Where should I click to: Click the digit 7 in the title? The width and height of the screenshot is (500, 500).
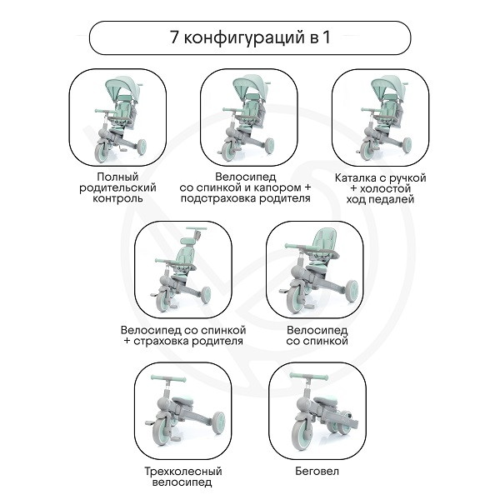[x=174, y=37]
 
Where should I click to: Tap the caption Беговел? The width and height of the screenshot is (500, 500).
[x=317, y=471]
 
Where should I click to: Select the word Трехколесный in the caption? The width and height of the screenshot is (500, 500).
[x=183, y=472]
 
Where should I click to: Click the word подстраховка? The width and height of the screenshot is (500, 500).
[x=218, y=198]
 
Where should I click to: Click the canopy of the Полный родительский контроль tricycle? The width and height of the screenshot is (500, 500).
[x=122, y=87]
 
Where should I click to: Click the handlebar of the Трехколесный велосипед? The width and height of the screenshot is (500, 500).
[x=168, y=378]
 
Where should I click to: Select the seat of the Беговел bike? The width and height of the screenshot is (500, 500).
[x=326, y=401]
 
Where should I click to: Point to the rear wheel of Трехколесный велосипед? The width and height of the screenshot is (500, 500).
[x=217, y=422]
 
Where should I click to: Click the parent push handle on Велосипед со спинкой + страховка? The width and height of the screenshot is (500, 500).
[x=196, y=229]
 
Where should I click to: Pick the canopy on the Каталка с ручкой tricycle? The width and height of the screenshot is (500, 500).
[x=388, y=87]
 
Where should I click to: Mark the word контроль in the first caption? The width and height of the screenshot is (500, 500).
[x=117, y=198]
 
